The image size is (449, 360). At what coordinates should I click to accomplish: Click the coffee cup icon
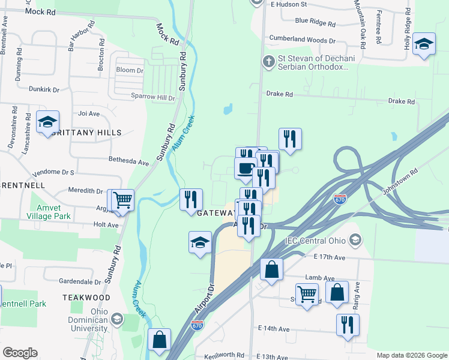click(246, 169)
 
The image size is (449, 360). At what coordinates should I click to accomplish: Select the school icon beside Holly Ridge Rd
click(424, 44)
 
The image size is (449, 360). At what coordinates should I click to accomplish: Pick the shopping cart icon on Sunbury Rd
click(122, 200)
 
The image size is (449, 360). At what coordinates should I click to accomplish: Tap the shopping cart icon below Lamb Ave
click(307, 294)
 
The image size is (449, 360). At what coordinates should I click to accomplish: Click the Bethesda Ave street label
click(128, 162)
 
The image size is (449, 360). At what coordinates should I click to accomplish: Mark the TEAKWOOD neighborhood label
click(88, 298)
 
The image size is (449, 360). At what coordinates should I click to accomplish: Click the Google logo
click(20, 353)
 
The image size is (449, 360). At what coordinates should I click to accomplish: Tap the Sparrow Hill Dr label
click(153, 97)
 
